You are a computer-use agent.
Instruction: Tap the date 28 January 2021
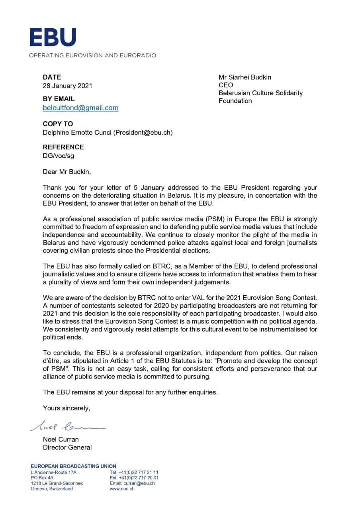tap(67, 86)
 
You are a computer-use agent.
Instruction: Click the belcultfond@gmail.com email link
tap(80, 108)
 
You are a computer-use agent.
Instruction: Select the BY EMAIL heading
tap(59, 99)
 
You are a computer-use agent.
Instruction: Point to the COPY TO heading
tap(58, 124)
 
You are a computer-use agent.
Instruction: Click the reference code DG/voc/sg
tap(59, 155)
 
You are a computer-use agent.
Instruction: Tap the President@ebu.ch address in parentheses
tap(143, 133)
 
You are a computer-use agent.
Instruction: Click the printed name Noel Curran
tap(61, 439)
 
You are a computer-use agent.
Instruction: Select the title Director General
tap(67, 447)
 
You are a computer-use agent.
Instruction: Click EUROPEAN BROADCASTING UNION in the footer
tap(73, 466)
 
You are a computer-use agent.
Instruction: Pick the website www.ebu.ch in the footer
tap(122, 488)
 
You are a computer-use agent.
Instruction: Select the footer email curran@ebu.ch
tap(137, 483)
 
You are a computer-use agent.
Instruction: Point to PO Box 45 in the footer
tap(41, 478)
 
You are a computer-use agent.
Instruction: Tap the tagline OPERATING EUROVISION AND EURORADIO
tap(92, 55)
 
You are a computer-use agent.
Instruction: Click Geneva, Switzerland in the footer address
tap(52, 488)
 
